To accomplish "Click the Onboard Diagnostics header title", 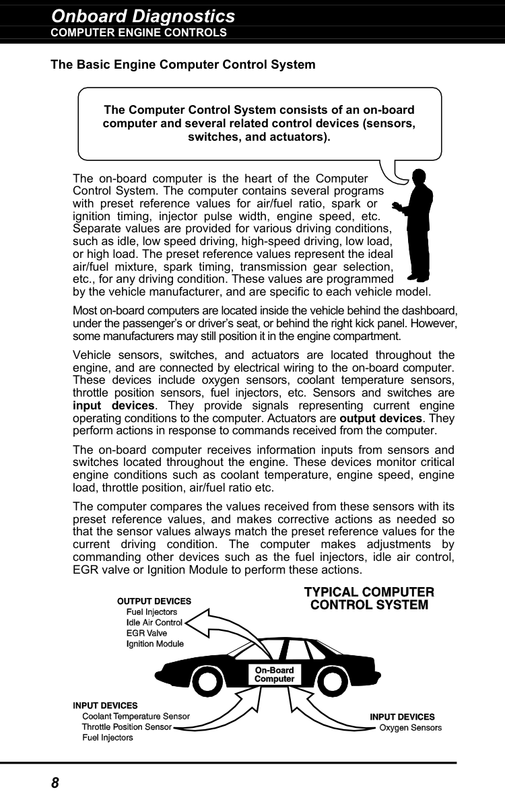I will (x=143, y=16).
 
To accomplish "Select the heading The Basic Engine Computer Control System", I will (x=183, y=65).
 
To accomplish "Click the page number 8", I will (x=55, y=782).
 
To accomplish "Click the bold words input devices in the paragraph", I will (x=114, y=406).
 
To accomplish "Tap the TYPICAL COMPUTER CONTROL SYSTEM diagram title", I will (x=369, y=599).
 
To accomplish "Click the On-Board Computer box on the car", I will (x=274, y=674).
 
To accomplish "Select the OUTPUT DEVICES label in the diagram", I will (x=154, y=601).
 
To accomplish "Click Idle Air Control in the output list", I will (x=154, y=623).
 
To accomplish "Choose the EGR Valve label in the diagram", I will (x=147, y=634).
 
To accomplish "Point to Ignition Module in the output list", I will (x=155, y=644).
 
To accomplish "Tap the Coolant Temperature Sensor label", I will (x=135, y=716).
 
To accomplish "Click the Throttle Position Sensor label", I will (x=127, y=727).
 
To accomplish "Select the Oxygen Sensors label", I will (x=411, y=728).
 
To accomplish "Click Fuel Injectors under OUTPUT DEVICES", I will (x=151, y=612).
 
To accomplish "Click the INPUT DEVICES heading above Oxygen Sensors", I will (x=402, y=717).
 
